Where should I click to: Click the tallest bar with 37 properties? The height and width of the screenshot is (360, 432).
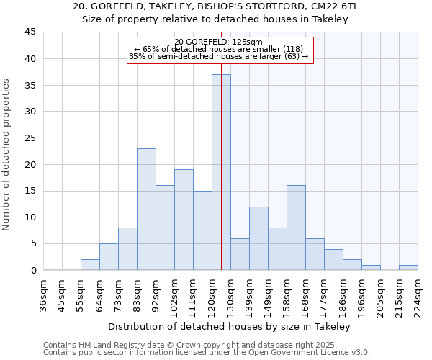tap(221, 172)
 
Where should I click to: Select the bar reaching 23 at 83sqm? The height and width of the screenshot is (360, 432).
tap(146, 209)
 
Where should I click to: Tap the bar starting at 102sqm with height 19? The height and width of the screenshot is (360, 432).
tap(184, 220)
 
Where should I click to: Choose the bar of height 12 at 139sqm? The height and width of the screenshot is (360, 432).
tap(258, 238)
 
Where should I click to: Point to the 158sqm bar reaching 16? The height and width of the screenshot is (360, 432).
tap(296, 228)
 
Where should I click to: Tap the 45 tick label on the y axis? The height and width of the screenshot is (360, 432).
tap(30, 32)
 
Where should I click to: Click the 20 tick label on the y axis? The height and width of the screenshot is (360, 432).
tap(30, 164)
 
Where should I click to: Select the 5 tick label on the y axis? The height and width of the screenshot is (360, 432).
tap(33, 243)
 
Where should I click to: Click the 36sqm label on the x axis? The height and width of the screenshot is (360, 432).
tap(43, 292)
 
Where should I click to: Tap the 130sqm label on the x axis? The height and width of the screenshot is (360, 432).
tap(230, 292)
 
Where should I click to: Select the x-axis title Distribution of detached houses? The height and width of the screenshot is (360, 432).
tap(230, 327)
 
